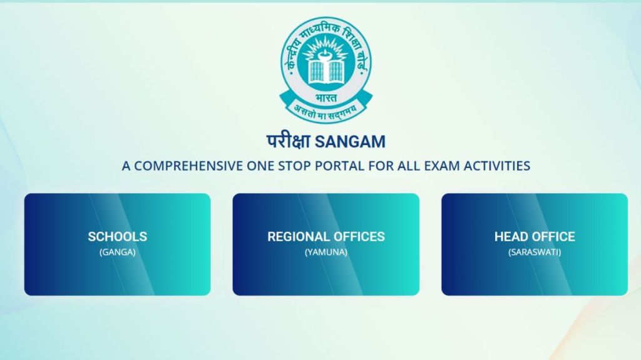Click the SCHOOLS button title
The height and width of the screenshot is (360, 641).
tap(117, 237)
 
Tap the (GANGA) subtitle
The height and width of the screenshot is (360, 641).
tap(117, 252)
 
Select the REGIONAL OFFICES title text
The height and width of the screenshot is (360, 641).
tap(326, 237)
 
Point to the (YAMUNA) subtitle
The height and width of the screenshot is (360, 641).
tap(326, 252)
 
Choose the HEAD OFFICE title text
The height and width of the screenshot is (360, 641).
tap(535, 237)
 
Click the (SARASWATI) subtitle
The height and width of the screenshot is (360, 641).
tap(535, 252)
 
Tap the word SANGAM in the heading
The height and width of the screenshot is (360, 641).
tap(351, 142)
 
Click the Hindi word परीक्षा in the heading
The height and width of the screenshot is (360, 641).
tap(289, 141)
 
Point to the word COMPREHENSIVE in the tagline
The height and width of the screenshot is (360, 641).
tap(188, 166)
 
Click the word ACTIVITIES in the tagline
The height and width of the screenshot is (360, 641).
tap(496, 166)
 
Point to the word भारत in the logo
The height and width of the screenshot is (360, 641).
tap(326, 98)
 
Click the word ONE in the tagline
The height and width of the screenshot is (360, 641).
tap(260, 166)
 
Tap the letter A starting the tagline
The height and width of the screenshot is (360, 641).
tap(126, 166)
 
